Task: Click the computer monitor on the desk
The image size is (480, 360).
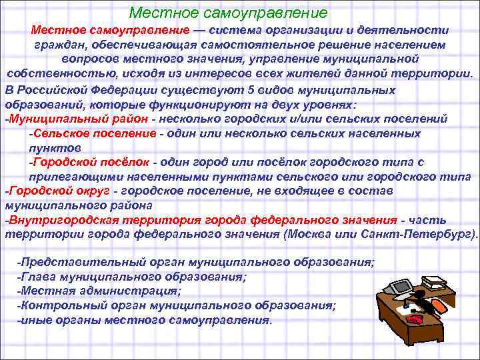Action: point(403,288)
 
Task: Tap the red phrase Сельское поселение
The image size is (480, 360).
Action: point(93,133)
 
